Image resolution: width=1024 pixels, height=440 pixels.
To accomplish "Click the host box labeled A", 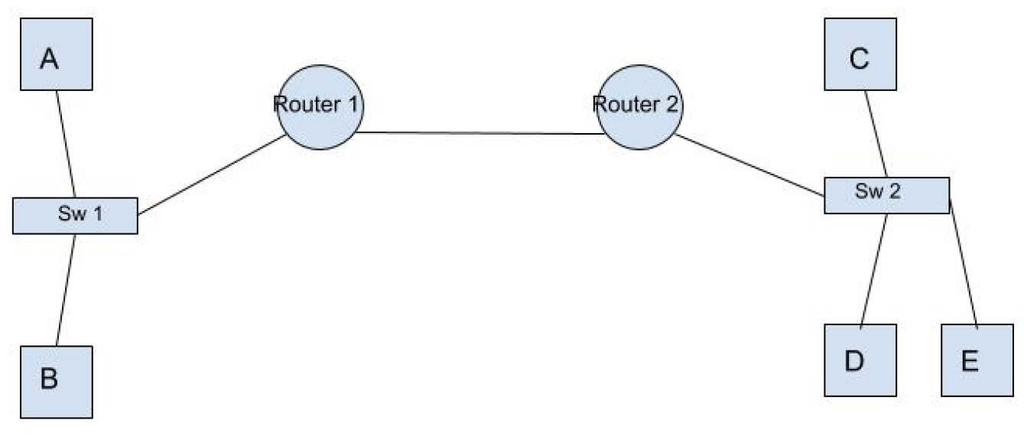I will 57,54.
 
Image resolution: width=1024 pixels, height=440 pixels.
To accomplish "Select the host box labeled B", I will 57,381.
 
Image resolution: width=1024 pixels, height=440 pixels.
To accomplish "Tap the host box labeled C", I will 860,54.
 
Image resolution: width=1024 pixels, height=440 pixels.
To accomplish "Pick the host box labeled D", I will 860,360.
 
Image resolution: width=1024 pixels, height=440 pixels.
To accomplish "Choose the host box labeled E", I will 976,360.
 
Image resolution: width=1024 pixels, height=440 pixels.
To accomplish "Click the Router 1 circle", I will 320,107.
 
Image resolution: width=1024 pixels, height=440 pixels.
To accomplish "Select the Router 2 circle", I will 639,107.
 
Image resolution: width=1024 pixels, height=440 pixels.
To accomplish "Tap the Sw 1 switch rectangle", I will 75,215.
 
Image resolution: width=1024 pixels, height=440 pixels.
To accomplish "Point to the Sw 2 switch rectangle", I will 886,195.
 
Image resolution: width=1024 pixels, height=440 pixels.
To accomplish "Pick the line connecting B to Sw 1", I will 67,289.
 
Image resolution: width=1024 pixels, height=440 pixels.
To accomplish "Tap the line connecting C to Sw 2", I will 876,134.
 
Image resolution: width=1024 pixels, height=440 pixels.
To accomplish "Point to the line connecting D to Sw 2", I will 874,268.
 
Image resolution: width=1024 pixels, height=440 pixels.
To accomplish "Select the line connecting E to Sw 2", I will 963,260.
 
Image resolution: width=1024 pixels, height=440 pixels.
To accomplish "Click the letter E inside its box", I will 970,361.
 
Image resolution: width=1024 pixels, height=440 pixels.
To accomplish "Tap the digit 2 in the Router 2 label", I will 671,105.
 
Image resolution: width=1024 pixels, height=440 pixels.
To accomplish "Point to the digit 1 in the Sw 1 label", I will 97,213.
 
